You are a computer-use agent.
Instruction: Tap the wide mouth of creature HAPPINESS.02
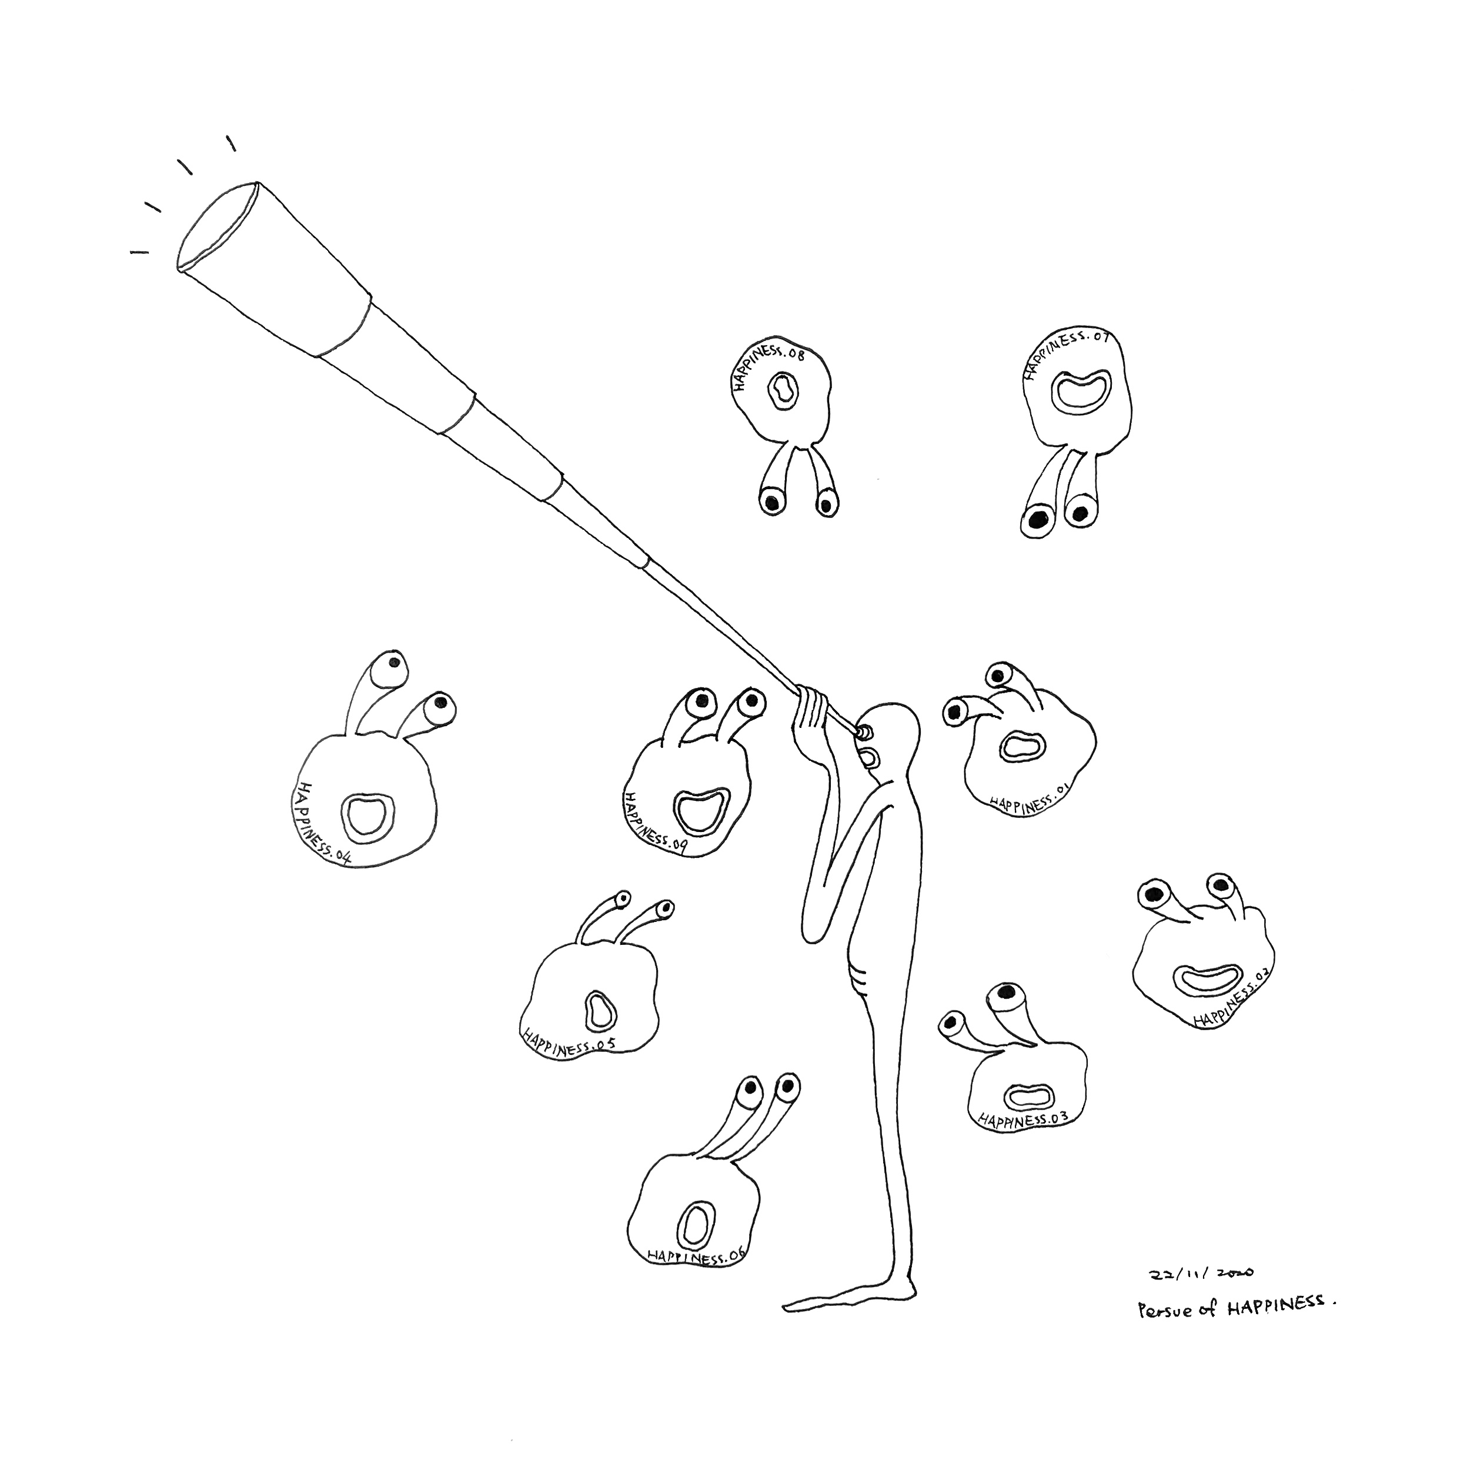[1208, 979]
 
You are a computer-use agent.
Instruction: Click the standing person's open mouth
[871, 758]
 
